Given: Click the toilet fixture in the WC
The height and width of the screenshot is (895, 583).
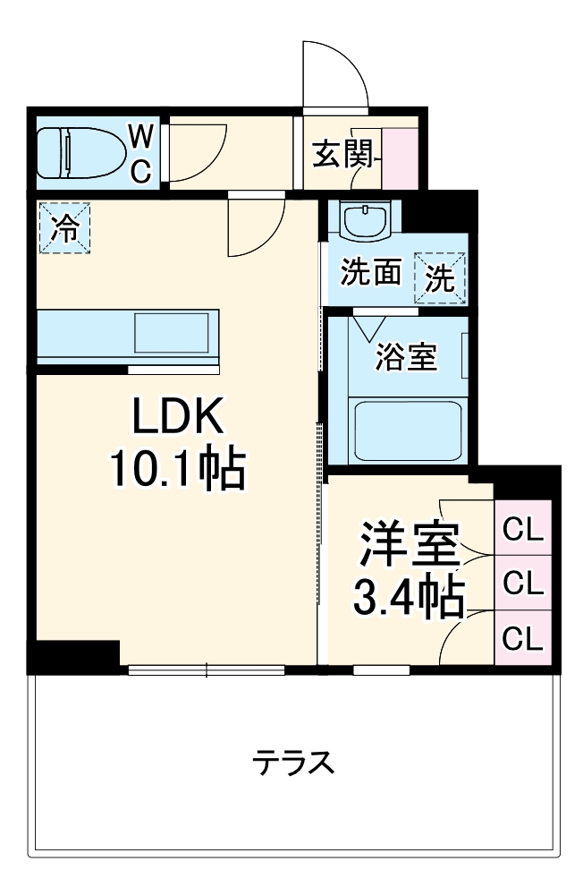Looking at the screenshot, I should click(x=81, y=152).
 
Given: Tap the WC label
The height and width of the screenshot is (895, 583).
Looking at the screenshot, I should click(x=141, y=152).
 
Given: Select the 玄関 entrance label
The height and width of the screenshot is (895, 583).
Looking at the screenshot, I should click(x=342, y=156).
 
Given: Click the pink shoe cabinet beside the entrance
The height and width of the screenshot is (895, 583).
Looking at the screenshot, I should click(x=400, y=158).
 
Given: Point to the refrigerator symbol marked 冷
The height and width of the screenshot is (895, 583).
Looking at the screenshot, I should click(x=63, y=229).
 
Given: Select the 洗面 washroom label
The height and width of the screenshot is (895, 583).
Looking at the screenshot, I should click(x=370, y=273).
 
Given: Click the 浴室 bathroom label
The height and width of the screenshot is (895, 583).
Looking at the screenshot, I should click(x=407, y=357).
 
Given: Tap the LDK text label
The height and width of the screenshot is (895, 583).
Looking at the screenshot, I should click(x=177, y=417).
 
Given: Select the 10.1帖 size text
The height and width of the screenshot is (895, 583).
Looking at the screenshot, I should click(x=177, y=467).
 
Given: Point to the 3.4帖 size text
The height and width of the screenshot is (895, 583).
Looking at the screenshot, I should click(x=409, y=598).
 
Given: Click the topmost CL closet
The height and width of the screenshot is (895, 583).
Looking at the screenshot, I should click(x=524, y=530).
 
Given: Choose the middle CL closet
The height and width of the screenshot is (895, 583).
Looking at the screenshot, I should click(x=524, y=584).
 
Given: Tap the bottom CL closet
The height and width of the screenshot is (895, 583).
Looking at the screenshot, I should click(x=524, y=638).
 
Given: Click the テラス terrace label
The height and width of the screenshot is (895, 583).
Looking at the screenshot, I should click(x=292, y=763).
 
